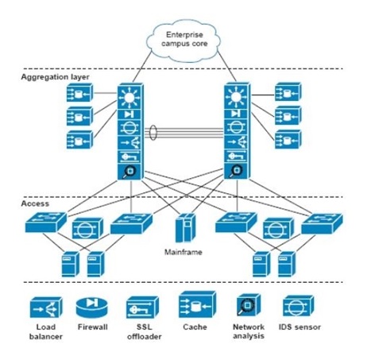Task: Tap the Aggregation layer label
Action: (55, 77)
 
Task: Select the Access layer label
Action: (35, 203)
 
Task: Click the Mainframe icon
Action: (186, 228)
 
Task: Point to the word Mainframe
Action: (183, 252)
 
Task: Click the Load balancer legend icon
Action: (46, 308)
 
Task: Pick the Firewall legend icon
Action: (91, 308)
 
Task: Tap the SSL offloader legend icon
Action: (142, 308)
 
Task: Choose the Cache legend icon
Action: (197, 304)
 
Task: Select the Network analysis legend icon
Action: (249, 304)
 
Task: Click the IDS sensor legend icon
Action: (298, 306)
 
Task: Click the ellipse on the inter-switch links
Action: (153, 133)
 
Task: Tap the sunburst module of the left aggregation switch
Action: (129, 98)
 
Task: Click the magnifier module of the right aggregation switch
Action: (236, 171)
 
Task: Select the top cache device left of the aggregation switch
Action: (79, 93)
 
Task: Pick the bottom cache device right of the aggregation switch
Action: (288, 139)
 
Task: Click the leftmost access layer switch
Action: (46, 223)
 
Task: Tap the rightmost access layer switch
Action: (322, 223)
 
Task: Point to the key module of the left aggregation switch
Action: (129, 157)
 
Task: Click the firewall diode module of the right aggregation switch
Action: (236, 114)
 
